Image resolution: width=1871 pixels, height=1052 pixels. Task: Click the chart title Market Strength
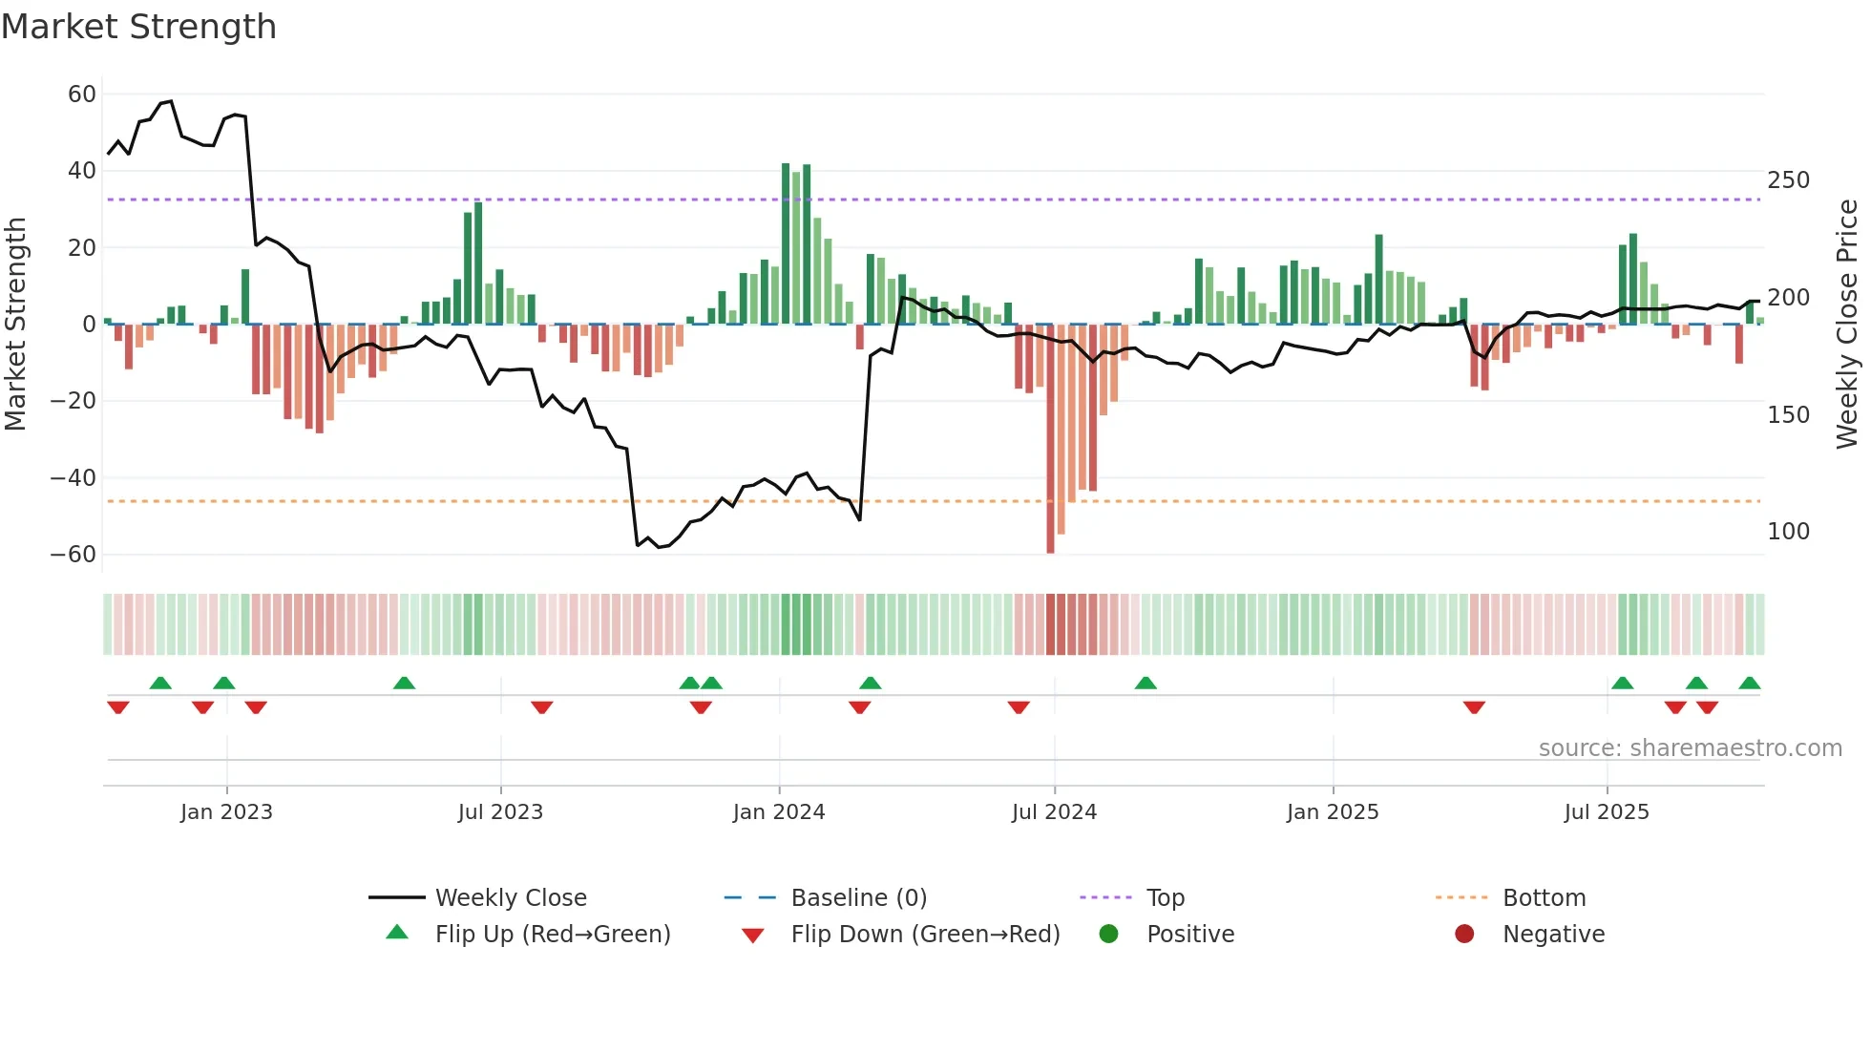click(x=138, y=27)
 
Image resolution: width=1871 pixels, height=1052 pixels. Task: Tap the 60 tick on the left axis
click(x=82, y=95)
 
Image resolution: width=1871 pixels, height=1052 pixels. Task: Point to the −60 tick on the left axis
click(x=74, y=555)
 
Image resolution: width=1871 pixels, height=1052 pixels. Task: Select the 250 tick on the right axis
click(x=1788, y=180)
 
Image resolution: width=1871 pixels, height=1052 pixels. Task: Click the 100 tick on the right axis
click(x=1788, y=532)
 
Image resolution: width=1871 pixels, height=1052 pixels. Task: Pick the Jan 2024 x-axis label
click(x=778, y=812)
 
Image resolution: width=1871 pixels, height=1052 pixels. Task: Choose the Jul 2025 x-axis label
click(x=1606, y=812)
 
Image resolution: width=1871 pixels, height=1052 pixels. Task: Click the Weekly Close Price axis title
click(x=1847, y=325)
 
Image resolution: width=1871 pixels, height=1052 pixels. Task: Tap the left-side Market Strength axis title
click(x=16, y=325)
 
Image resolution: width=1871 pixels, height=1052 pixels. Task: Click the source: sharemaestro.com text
click(x=1690, y=748)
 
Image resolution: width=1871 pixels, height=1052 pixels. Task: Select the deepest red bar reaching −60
click(x=1050, y=439)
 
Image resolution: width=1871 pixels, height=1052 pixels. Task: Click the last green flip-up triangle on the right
click(x=1749, y=684)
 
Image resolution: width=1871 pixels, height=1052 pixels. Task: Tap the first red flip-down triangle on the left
click(x=118, y=707)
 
